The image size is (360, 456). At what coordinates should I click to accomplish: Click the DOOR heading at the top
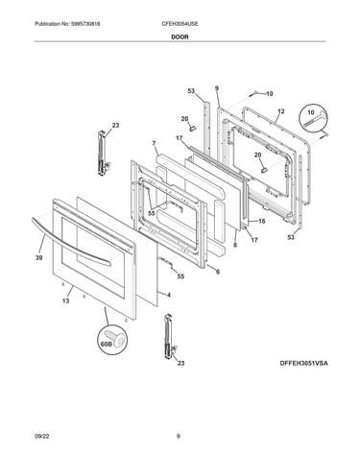click(x=180, y=36)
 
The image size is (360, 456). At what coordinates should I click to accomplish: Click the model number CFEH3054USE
click(x=180, y=24)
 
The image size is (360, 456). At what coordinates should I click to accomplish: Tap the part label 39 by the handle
click(x=38, y=258)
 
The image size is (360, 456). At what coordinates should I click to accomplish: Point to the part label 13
click(x=65, y=300)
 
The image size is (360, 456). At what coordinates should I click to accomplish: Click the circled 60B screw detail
click(x=112, y=340)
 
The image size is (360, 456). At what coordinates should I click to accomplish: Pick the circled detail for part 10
click(x=314, y=119)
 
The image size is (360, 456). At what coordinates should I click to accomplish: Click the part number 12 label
click(x=281, y=111)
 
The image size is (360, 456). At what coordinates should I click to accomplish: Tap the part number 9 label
click(x=217, y=87)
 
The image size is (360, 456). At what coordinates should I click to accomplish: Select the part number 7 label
click(x=154, y=143)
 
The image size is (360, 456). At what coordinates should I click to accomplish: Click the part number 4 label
click(x=169, y=295)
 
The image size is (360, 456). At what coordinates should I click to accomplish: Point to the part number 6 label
click(x=218, y=272)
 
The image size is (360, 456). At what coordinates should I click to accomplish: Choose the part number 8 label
click(x=235, y=245)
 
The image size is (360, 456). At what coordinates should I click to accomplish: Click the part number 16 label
click(x=262, y=221)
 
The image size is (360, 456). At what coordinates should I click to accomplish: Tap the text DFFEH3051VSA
click(x=304, y=363)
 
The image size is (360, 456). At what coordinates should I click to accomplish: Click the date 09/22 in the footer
click(x=41, y=436)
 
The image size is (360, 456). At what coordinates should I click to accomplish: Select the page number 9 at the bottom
click(x=179, y=436)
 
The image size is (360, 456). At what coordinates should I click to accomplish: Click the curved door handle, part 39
click(x=70, y=242)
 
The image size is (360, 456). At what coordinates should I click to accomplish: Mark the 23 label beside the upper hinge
click(x=115, y=125)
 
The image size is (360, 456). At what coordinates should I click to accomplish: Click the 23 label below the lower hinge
click(x=180, y=363)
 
